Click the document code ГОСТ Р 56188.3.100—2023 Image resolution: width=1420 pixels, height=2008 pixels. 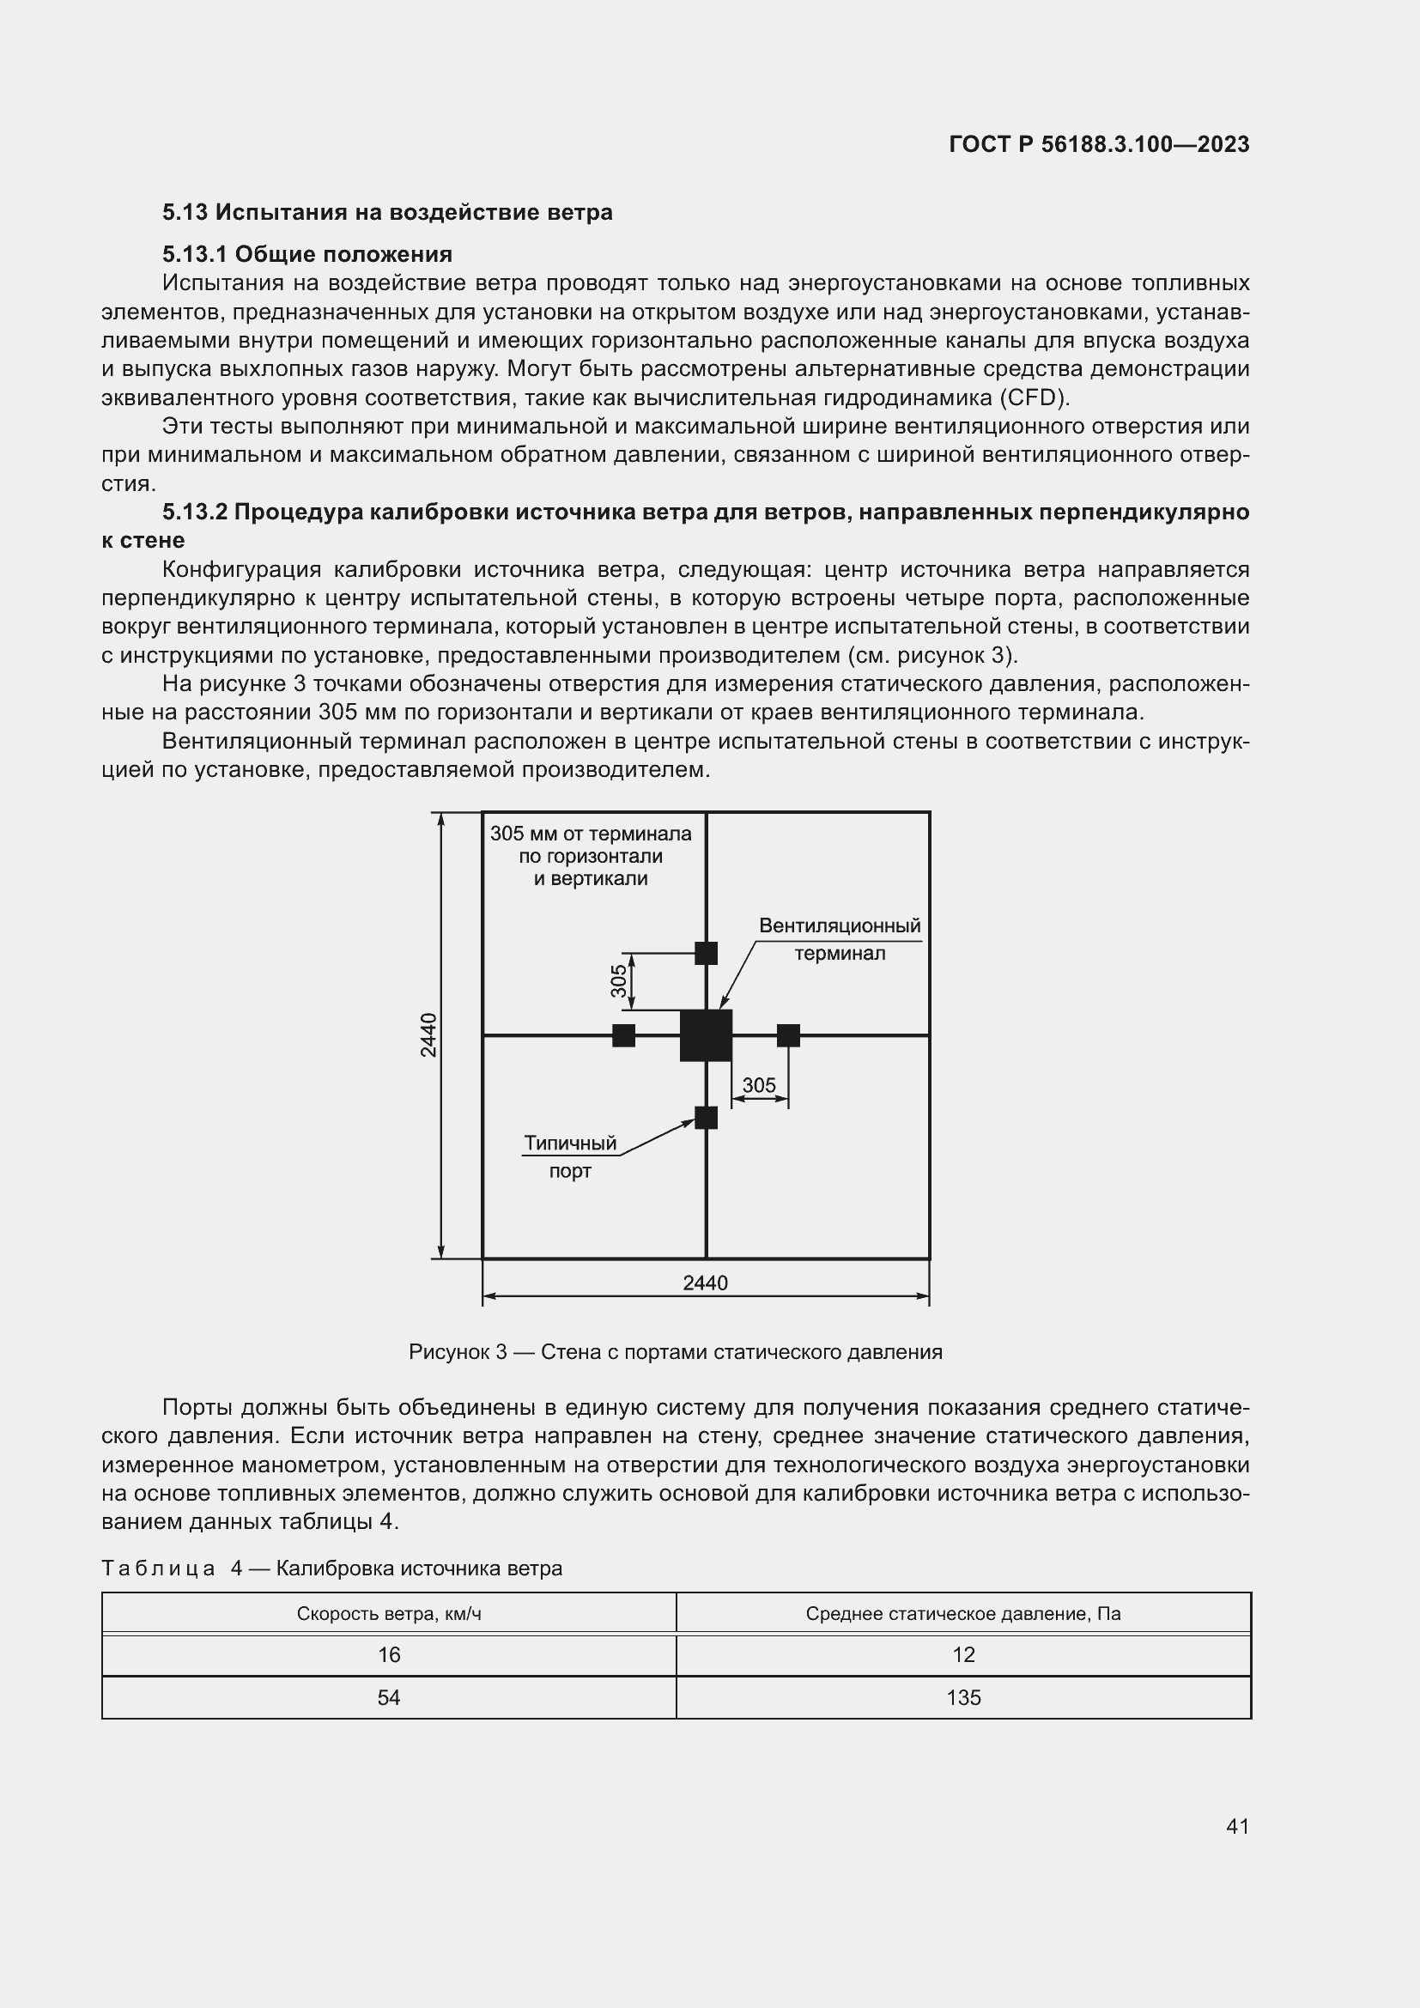point(1098,144)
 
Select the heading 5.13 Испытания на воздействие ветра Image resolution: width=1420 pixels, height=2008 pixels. point(386,213)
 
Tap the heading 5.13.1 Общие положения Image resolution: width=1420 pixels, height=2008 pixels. point(306,254)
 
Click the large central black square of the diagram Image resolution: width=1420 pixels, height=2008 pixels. point(706,1035)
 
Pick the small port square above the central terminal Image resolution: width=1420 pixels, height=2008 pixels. point(706,952)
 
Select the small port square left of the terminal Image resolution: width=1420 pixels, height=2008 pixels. point(623,1035)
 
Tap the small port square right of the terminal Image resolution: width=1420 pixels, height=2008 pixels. point(788,1035)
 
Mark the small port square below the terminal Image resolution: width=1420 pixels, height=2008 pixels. point(706,1118)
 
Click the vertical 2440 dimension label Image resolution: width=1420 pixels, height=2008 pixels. point(428,1034)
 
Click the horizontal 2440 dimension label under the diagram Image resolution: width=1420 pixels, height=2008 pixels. point(705,1283)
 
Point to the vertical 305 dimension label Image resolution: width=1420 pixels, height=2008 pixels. point(619,980)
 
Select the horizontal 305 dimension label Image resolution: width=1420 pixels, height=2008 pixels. point(758,1085)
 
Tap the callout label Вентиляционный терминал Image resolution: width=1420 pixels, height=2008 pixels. point(840,939)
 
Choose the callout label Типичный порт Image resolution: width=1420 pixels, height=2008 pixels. point(570,1156)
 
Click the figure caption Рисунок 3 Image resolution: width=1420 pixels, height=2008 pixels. point(675,1352)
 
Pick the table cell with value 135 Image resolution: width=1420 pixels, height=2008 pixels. point(962,1697)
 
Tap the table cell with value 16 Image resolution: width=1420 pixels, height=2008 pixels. point(388,1654)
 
